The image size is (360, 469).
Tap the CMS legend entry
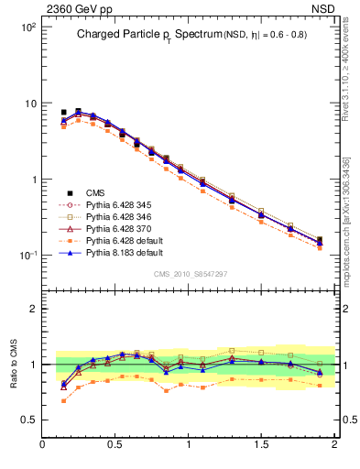point(95,192)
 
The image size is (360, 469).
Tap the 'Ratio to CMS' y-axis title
point(14,362)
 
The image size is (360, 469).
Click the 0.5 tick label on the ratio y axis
point(27,420)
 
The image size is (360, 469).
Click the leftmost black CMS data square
point(63,113)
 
